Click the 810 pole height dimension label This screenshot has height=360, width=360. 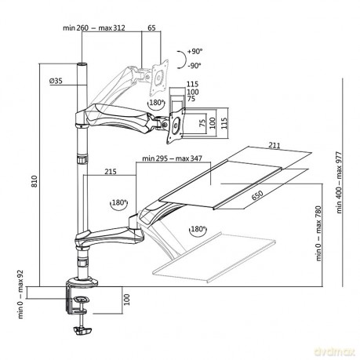35,181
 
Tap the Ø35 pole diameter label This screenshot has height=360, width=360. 56,81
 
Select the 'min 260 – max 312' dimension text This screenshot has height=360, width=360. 94,27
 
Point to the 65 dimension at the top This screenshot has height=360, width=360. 151,27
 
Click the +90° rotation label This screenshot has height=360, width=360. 195,52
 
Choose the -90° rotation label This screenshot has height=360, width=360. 195,66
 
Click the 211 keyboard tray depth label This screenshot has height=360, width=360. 275,145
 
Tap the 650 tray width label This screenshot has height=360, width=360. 257,195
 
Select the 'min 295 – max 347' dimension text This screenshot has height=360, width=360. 172,158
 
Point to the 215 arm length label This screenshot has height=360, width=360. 111,172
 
